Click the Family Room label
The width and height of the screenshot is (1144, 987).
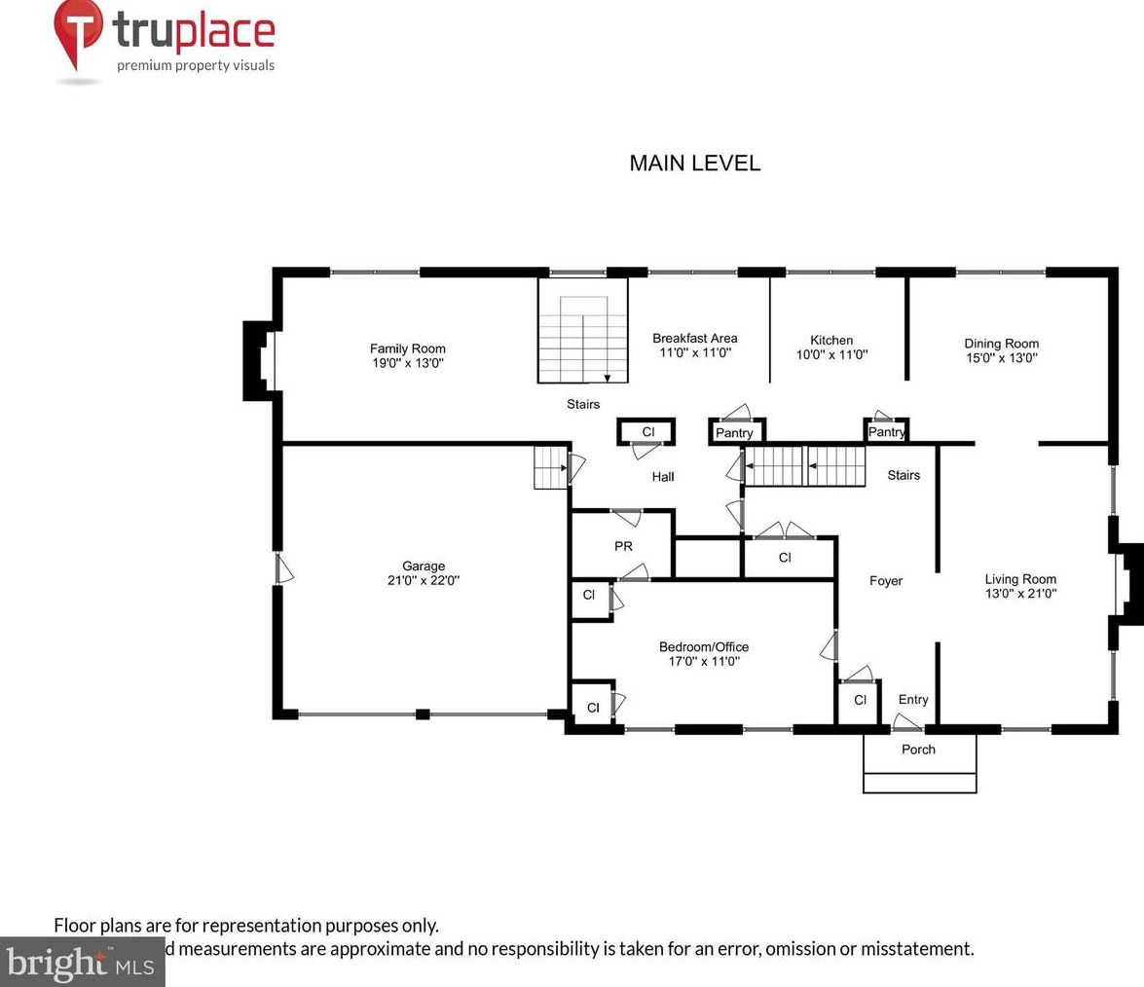[x=407, y=348]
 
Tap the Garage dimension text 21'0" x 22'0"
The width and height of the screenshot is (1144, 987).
[x=424, y=580]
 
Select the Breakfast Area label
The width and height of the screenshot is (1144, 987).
[x=694, y=339]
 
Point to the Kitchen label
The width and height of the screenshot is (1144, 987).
[x=831, y=341]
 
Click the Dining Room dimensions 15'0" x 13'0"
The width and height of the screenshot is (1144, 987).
[x=1001, y=357]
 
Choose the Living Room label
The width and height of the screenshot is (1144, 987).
[x=1019, y=579]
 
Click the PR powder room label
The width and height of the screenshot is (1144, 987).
[x=623, y=547]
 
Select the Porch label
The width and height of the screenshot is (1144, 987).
[x=918, y=749]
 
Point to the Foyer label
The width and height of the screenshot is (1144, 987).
[x=885, y=581]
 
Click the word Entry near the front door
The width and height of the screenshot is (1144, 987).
[x=913, y=700]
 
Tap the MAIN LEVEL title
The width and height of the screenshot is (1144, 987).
[x=694, y=164]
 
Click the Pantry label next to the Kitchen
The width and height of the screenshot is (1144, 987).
[x=886, y=432]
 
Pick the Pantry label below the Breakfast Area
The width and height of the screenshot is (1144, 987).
[x=734, y=433]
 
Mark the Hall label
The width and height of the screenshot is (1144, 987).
[x=663, y=477]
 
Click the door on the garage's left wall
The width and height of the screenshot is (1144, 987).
[x=280, y=568]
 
